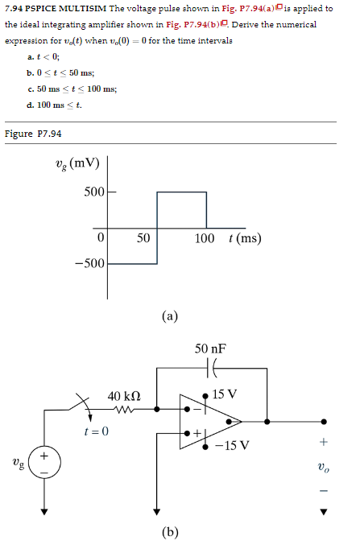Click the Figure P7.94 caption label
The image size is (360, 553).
[33, 134]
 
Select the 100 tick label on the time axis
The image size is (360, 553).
[205, 239]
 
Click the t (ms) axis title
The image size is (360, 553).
[245, 239]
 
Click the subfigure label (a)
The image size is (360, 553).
[169, 316]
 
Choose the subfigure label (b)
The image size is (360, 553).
[169, 532]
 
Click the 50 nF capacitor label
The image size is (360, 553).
[210, 349]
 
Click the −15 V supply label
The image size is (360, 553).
[234, 445]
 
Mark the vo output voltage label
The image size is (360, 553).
[325, 466]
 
